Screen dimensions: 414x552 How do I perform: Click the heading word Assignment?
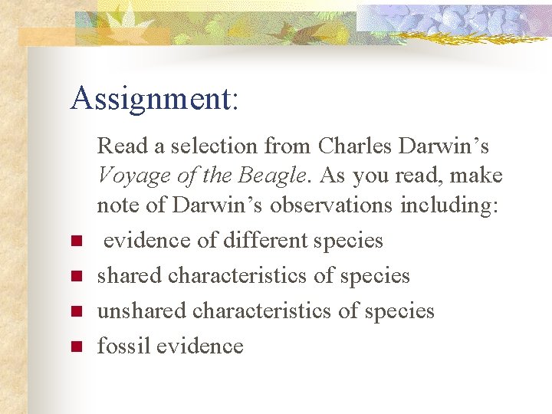coord(153,99)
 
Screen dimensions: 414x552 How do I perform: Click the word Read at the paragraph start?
coord(123,145)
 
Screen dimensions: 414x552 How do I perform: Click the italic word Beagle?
coord(270,176)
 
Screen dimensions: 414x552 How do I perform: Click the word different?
coord(264,240)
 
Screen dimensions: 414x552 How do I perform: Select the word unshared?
coord(142,310)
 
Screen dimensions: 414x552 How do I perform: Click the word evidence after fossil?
coord(199,346)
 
